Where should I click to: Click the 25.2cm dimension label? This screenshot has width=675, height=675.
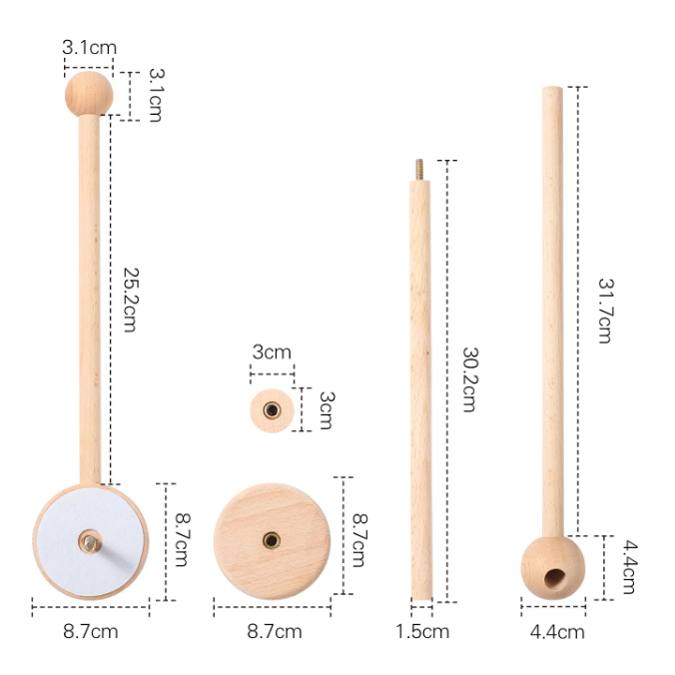point(131,300)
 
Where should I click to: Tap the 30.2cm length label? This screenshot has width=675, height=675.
point(469,379)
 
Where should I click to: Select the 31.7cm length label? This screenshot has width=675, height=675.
point(605,311)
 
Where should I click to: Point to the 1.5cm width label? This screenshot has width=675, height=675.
point(422,631)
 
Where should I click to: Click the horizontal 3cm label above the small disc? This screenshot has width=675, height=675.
point(272,352)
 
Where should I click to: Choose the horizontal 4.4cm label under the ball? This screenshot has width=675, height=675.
point(557,632)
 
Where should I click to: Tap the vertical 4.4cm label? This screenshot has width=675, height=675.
point(630,567)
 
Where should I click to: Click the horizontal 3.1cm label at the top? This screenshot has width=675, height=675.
point(89,47)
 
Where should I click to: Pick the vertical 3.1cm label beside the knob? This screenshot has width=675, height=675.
point(156,95)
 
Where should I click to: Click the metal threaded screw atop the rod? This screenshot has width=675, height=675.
point(419,170)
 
